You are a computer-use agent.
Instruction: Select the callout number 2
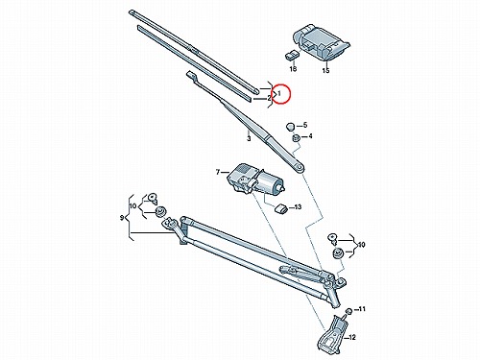pyautogui.click(x=270, y=99)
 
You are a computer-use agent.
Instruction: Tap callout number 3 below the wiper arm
pyautogui.click(x=249, y=138)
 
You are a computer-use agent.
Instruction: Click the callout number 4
pyautogui.click(x=310, y=136)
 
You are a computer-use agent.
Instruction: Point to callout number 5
pyautogui.click(x=305, y=125)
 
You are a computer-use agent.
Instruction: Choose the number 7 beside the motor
pyautogui.click(x=218, y=173)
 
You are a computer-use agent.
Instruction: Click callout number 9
pyautogui.click(x=122, y=218)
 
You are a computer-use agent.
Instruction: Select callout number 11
pyautogui.click(x=361, y=309)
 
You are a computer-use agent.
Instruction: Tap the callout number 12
pyautogui.click(x=351, y=337)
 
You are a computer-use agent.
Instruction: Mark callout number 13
pyautogui.click(x=298, y=207)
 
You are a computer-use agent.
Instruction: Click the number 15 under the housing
pyautogui.click(x=325, y=70)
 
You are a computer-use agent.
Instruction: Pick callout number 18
pyautogui.click(x=293, y=69)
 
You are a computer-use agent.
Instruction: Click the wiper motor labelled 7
pyautogui.click(x=255, y=180)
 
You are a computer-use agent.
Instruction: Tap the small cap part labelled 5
pyautogui.click(x=291, y=126)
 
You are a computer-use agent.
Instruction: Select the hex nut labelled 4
pyautogui.click(x=296, y=138)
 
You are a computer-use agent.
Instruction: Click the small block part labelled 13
pyautogui.click(x=280, y=209)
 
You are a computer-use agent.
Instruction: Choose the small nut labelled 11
pyautogui.click(x=348, y=311)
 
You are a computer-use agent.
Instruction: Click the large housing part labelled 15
pyautogui.click(x=320, y=41)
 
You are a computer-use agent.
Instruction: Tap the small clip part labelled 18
pyautogui.click(x=292, y=55)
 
